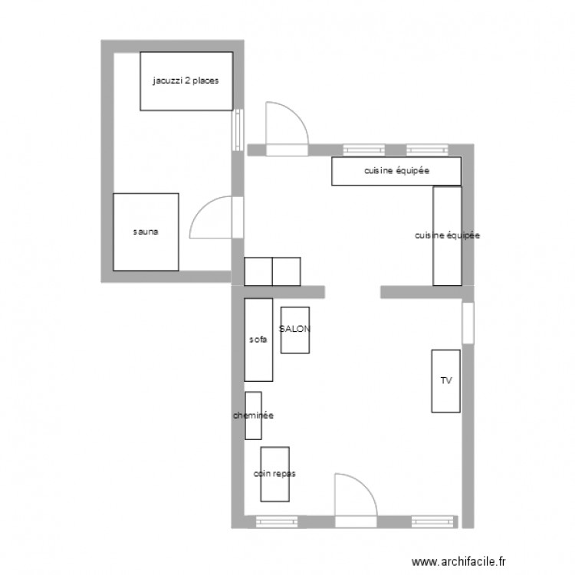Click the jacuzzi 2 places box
tap(186, 92)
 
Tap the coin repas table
tap(274, 483)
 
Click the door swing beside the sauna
tap(211, 219)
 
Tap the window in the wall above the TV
tap(468, 323)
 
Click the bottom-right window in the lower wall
tap(434, 521)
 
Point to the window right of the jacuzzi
tap(238, 130)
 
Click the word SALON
tap(295, 329)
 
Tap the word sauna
tap(145, 232)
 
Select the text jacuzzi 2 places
tap(186, 80)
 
